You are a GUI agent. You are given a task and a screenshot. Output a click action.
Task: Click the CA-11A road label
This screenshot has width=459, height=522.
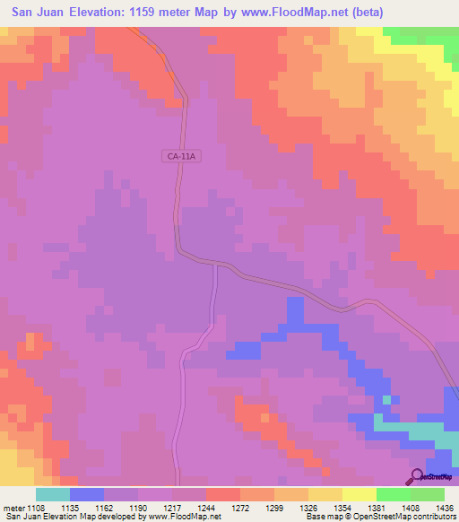[x=180, y=155]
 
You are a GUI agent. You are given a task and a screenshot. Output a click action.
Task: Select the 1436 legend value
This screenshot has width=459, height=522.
[x=444, y=508]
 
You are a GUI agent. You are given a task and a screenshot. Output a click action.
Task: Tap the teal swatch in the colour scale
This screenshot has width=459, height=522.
[x=52, y=494]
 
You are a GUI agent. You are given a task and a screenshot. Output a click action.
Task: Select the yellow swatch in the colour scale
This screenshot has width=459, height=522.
[x=359, y=494]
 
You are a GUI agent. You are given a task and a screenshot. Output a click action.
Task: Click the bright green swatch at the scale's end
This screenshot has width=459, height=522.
[x=428, y=494]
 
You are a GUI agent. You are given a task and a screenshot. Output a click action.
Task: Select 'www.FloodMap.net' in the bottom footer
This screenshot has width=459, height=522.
[x=183, y=517]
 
